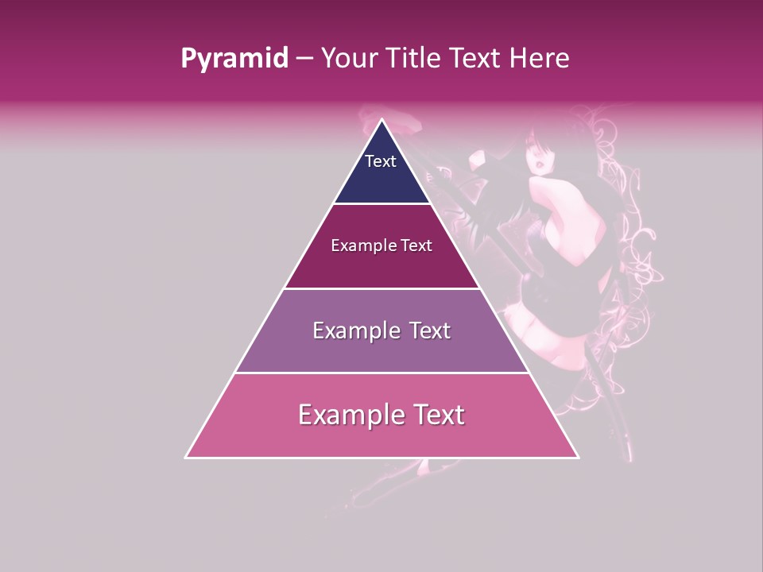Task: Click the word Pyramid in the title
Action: tap(234, 59)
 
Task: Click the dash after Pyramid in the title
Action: tap(304, 59)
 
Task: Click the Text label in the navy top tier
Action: tap(381, 161)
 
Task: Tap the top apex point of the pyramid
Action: tap(382, 120)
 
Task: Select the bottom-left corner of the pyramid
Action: tap(186, 458)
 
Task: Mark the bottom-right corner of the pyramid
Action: tap(578, 458)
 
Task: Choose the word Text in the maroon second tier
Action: tap(416, 246)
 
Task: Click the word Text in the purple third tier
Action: tap(429, 330)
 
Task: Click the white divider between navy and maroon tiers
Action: tap(382, 204)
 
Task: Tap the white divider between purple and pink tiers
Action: tap(382, 373)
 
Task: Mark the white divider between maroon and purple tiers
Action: tap(382, 288)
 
